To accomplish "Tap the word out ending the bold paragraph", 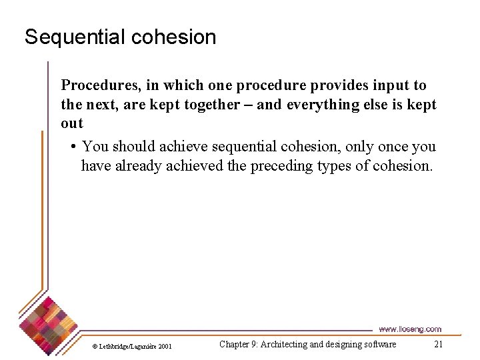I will [x=72, y=123].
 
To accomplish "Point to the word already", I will [x=137, y=165].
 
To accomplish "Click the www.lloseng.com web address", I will [x=409, y=329].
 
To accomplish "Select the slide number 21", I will [x=438, y=345].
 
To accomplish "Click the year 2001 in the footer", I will [x=165, y=346].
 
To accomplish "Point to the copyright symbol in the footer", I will [x=95, y=346].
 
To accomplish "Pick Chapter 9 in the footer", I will [x=237, y=345].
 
